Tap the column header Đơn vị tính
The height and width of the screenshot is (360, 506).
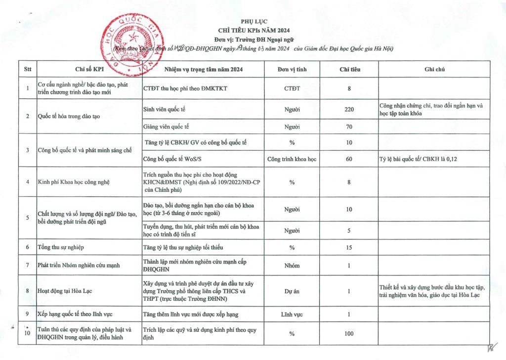(x=292, y=69)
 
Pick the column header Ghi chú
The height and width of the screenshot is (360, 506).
(x=434, y=69)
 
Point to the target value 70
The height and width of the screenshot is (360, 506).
(x=349, y=127)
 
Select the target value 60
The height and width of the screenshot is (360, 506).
(x=349, y=159)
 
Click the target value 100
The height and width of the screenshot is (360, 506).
(x=349, y=334)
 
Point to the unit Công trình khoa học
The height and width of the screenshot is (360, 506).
(x=292, y=159)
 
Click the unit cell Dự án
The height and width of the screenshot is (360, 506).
(x=292, y=291)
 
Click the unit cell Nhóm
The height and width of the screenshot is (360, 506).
(x=292, y=266)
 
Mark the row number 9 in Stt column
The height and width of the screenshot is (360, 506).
(x=27, y=314)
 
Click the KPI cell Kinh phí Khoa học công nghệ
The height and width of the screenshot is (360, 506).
(x=73, y=182)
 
